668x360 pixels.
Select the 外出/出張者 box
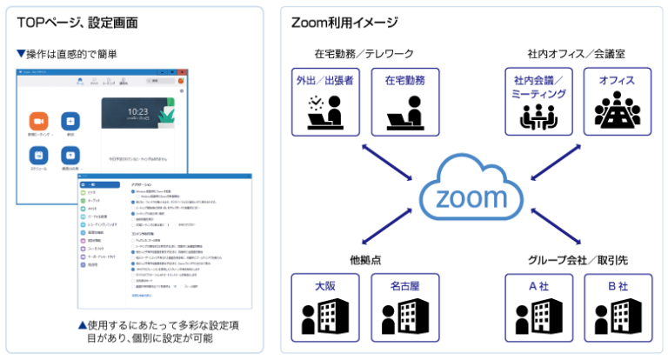point(324,101)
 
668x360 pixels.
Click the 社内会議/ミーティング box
point(538,101)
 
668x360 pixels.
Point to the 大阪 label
point(324,286)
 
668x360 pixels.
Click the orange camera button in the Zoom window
point(38,121)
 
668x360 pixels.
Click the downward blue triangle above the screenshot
point(21,54)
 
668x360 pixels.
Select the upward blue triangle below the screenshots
point(83,325)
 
